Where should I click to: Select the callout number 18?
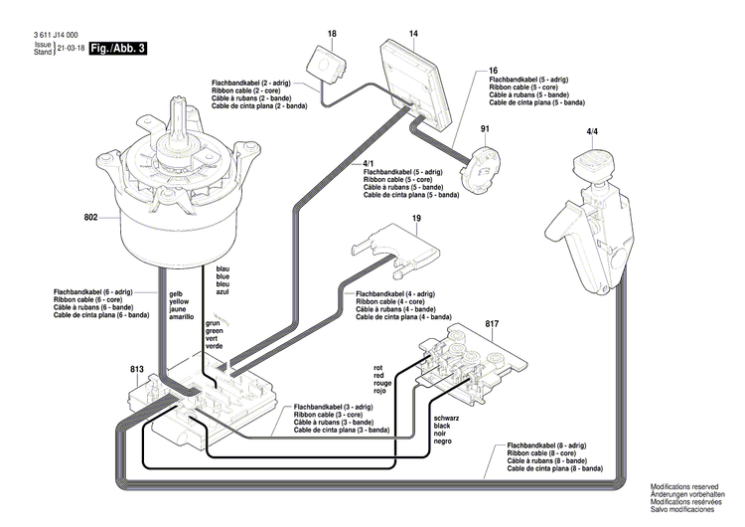[333, 33]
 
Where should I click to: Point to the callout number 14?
[413, 33]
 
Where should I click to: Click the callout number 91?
[486, 129]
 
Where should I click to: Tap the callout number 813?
[137, 368]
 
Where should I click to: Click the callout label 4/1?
[369, 162]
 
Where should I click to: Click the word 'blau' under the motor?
[223, 269]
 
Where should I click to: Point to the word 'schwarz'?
[448, 418]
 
